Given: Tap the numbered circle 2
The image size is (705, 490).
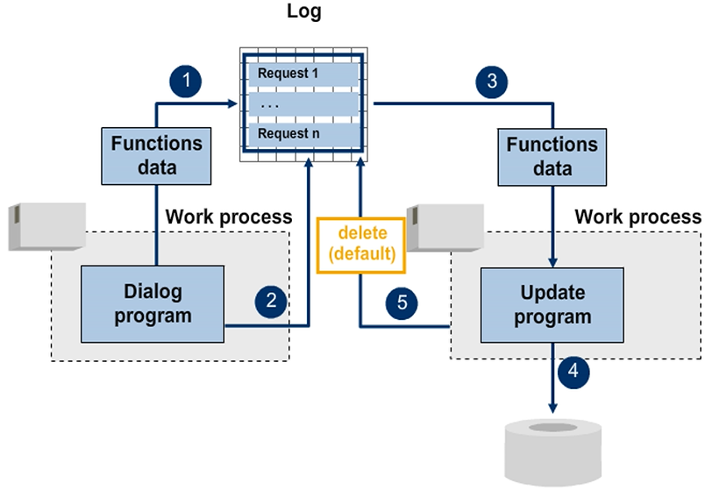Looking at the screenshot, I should coord(272,302).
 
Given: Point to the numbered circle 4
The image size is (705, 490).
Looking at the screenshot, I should coord(573,370).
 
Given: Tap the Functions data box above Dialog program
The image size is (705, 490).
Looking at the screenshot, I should coord(157,155).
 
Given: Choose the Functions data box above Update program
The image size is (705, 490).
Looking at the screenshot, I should coord(552,155).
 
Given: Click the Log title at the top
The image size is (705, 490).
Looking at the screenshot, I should coord(304,13).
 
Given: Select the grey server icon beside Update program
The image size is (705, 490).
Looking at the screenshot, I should coord(447,225).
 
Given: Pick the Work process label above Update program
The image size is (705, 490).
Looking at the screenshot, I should coord(637,216).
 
